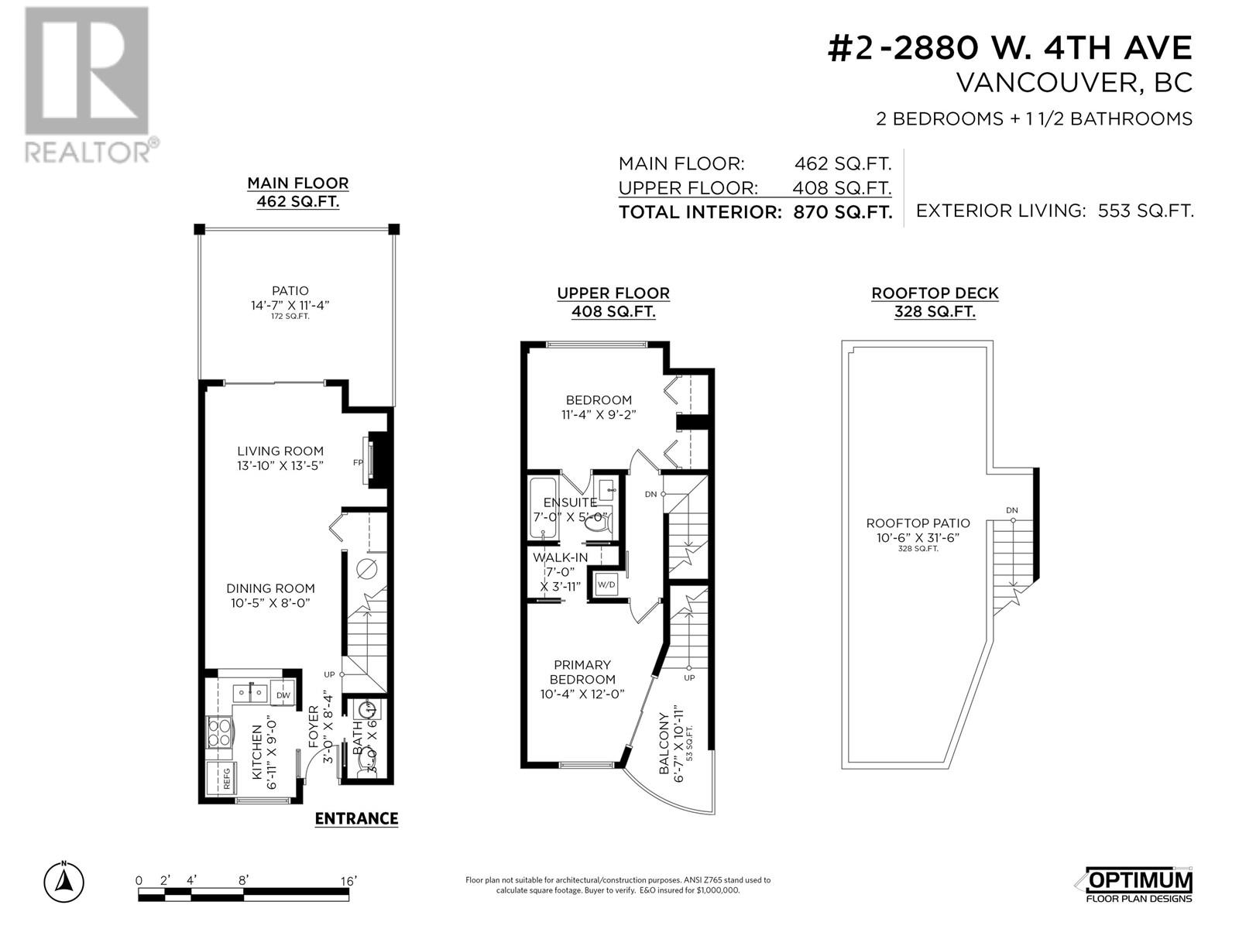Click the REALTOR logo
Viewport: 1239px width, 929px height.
[91, 85]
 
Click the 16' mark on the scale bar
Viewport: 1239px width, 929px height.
[348, 881]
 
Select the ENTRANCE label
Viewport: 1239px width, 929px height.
[356, 818]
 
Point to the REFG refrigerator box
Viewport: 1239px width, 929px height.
[221, 779]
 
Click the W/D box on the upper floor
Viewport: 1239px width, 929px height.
[606, 584]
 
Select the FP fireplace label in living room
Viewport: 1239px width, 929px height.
[358, 462]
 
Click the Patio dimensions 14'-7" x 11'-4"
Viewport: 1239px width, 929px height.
[290, 305]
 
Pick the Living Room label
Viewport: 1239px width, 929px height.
[280, 451]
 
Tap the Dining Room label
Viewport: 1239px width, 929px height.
[270, 588]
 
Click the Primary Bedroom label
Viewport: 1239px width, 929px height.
[582, 672]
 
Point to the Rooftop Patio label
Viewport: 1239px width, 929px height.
[918, 523]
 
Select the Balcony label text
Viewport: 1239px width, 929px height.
[664, 743]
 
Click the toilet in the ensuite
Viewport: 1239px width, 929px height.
[596, 523]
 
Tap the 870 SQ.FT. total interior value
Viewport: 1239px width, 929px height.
[843, 213]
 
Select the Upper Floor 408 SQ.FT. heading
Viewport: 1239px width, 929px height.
[613, 303]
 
